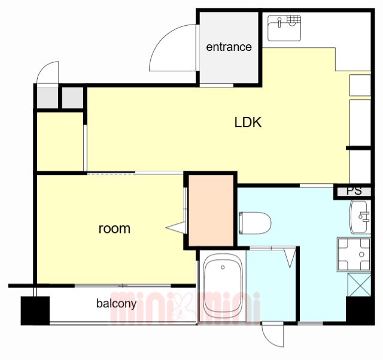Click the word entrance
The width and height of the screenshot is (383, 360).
(229, 47)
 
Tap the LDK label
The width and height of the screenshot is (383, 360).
(248, 122)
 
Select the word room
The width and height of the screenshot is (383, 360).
(114, 229)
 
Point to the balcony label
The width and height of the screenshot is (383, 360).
(116, 304)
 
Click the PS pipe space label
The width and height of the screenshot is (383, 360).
(354, 190)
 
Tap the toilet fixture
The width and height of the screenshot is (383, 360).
(255, 223)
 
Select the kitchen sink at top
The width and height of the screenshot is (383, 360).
(284, 28)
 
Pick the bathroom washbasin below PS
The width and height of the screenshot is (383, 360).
(360, 217)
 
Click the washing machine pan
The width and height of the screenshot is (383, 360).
(354, 254)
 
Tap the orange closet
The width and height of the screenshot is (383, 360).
(211, 211)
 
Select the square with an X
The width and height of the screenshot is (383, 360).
(359, 285)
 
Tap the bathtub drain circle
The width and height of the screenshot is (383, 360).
(223, 267)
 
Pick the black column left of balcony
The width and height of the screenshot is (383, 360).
(35, 311)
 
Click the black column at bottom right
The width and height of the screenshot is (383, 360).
(360, 311)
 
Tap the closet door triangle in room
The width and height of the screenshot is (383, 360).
(175, 228)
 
